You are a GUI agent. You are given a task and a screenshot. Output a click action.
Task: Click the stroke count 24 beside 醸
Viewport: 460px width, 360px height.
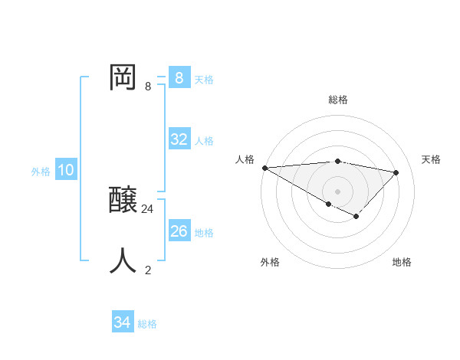point(148,208)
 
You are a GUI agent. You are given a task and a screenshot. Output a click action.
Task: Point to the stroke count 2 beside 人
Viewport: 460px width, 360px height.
point(148,270)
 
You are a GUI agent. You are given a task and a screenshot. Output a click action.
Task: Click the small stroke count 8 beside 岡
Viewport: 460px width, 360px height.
point(148,87)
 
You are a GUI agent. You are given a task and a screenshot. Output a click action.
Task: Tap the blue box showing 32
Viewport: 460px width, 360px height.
point(179,139)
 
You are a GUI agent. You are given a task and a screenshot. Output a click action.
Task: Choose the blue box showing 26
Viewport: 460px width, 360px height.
point(179,231)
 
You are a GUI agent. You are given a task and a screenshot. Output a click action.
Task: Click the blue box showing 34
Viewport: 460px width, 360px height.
point(123,322)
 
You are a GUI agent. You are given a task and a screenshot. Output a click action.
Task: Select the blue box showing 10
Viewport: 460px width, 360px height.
point(66,170)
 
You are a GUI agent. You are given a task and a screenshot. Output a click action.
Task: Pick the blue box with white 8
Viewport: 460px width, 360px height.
point(179,78)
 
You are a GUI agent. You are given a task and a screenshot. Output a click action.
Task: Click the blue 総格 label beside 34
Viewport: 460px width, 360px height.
point(147,324)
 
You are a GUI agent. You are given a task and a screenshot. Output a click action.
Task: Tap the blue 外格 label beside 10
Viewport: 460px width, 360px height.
point(41,172)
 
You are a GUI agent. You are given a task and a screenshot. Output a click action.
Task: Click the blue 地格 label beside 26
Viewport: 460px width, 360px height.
point(204,233)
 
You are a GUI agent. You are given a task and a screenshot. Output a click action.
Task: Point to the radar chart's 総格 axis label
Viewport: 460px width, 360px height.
point(338,100)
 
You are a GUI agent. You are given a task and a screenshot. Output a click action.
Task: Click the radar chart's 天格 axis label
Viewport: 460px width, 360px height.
point(432,159)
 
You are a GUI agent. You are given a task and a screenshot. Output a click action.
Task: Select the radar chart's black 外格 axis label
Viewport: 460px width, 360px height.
point(270,262)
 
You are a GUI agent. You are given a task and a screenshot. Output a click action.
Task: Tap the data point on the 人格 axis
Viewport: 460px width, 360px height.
point(264,168)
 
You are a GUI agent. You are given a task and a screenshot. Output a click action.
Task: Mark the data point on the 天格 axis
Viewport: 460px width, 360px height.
point(396,172)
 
